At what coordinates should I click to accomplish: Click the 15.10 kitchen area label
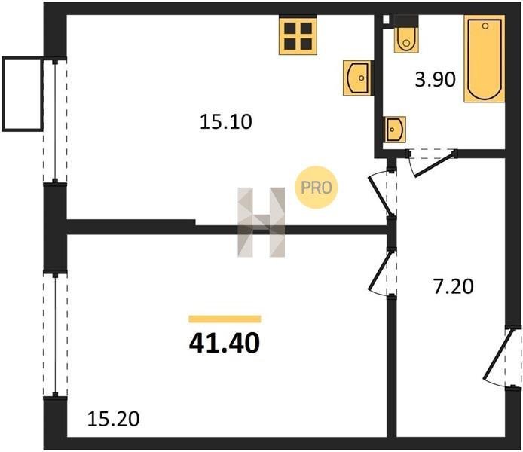click(x=226, y=122)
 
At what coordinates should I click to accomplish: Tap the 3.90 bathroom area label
click(x=436, y=80)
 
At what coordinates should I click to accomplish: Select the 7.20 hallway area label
click(x=453, y=287)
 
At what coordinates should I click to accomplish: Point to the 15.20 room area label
click(x=113, y=419)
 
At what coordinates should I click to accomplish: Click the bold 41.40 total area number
click(x=224, y=344)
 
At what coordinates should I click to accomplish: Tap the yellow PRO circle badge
click(x=317, y=188)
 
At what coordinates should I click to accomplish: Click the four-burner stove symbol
click(x=298, y=36)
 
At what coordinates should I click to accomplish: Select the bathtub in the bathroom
click(x=485, y=59)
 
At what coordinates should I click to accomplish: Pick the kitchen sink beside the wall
click(x=358, y=78)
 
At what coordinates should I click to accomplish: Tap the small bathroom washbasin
click(x=395, y=129)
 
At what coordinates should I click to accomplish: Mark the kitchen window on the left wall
click(x=55, y=122)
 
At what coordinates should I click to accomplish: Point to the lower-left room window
click(x=55, y=335)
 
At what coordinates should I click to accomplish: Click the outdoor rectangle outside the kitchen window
click(x=23, y=94)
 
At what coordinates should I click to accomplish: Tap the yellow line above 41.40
click(x=225, y=319)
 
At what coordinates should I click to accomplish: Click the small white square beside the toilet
click(x=387, y=20)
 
